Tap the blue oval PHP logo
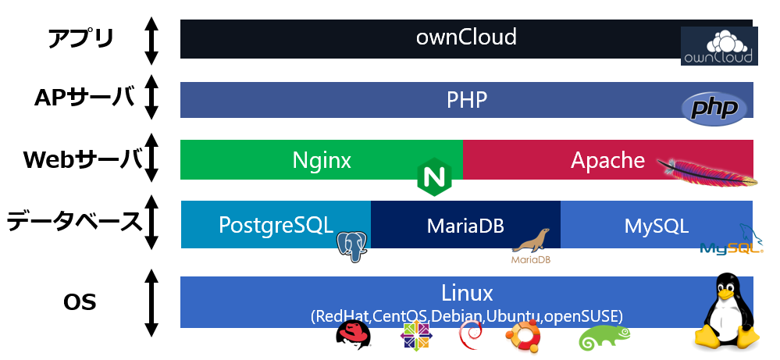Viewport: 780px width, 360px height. point(711,109)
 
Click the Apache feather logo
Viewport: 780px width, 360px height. point(707,171)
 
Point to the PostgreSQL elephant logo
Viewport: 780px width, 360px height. point(353,245)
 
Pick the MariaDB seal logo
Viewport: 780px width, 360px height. point(531,246)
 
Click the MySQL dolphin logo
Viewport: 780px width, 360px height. point(730,242)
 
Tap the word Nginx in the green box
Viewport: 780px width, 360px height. point(322,160)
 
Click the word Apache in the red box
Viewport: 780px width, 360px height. point(607,160)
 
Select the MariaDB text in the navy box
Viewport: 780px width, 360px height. point(465,226)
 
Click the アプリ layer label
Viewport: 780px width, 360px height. point(81,38)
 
